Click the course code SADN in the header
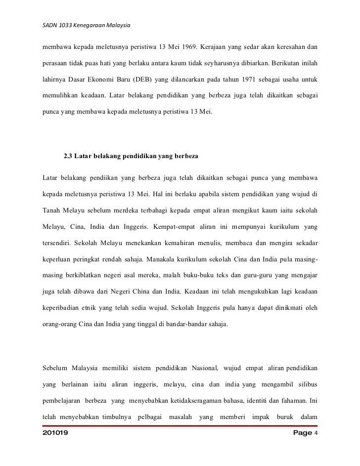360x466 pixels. [50, 25]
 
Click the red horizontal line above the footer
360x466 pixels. [180, 425]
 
